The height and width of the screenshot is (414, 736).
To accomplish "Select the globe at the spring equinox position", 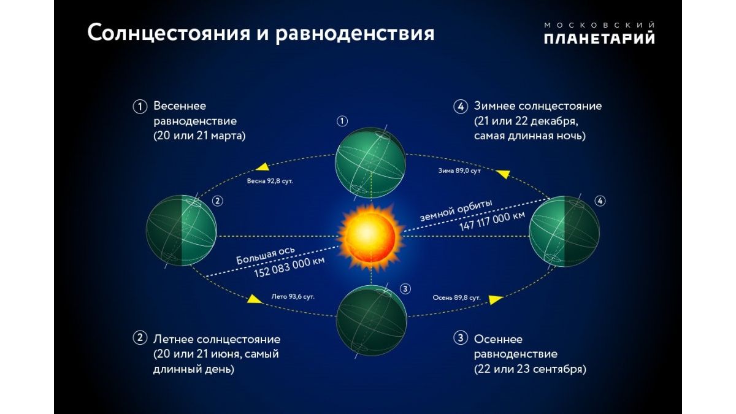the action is pos(370,163).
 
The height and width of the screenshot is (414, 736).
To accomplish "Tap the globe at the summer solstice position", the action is pos(182,231).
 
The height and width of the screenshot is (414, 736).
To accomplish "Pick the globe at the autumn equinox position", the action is pos(372,320).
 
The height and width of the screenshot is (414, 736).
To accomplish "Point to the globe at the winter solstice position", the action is pos(564,231).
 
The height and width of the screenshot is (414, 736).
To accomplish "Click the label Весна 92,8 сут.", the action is pos(270,181).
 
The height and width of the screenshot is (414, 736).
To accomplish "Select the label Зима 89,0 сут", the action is pos(459,171).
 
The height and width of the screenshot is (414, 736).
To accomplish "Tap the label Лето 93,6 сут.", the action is pos(293,297).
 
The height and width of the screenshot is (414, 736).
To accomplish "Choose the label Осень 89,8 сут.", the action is pos(456,297).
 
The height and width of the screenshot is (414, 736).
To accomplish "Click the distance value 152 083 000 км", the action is pos(289,267).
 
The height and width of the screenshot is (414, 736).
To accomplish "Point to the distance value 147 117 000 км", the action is pos(492,221).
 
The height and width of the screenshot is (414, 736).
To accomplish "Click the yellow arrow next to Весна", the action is pos(263,167).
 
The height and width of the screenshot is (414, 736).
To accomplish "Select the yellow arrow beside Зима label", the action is pos(503,174).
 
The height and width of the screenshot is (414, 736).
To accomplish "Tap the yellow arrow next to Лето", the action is pos(255,299).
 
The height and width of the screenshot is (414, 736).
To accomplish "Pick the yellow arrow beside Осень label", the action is pos(496,299).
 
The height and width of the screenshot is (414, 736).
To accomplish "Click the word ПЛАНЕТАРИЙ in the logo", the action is pos(599,38).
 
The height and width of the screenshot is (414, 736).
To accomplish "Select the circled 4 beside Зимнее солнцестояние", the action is pos(461,107).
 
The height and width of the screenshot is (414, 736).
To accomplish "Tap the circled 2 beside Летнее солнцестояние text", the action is pos(140,338).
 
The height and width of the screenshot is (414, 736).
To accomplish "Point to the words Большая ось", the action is pos(266,256).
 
